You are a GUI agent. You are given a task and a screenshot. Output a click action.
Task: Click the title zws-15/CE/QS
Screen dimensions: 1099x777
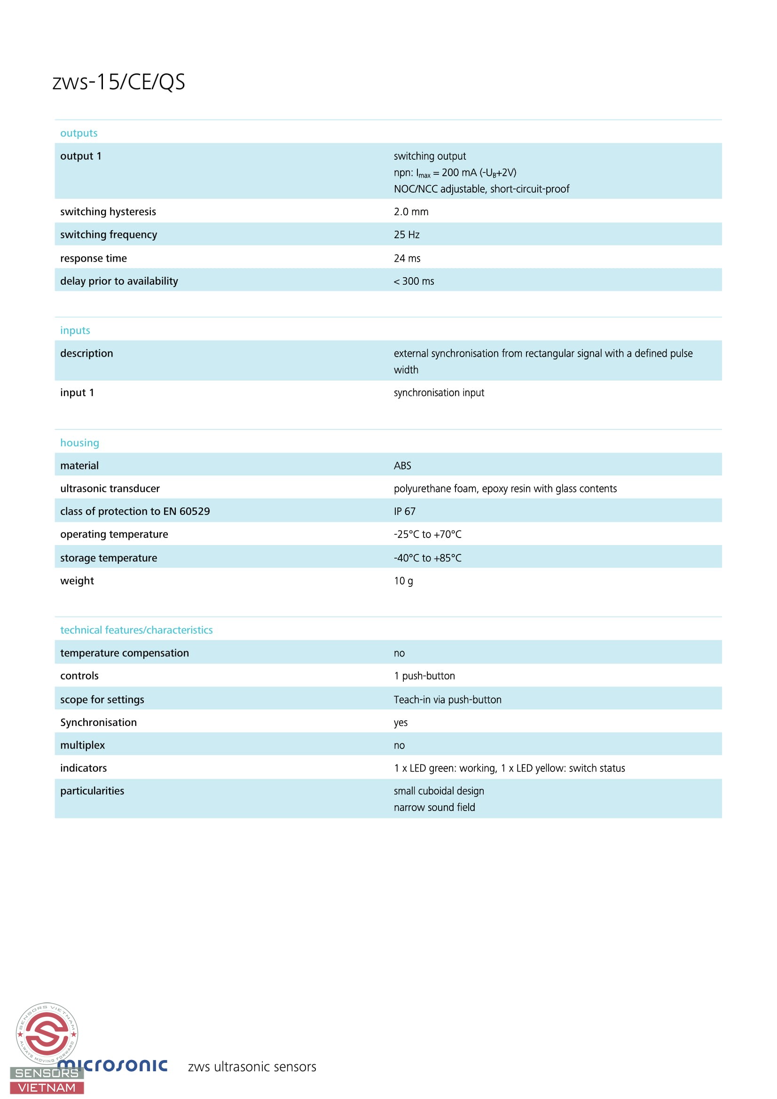pos(118,82)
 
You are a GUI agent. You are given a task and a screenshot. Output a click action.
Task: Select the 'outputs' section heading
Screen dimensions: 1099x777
pos(78,133)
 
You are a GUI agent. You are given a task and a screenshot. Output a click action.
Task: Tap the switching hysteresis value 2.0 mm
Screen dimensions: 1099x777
pos(411,211)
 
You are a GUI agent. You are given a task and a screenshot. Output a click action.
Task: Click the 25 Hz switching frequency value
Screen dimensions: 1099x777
pos(407,234)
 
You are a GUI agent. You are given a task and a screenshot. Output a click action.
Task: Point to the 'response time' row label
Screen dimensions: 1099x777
pos(94,258)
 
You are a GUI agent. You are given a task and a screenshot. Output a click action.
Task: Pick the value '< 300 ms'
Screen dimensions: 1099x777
pos(414,281)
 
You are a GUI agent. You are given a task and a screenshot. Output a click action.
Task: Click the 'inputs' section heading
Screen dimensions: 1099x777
pos(75,330)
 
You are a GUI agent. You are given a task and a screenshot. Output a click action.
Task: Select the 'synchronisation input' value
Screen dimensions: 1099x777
pos(439,392)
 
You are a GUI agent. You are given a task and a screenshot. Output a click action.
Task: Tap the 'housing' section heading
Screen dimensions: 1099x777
pos(79,443)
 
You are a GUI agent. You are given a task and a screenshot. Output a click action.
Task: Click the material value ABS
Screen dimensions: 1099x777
pos(402,466)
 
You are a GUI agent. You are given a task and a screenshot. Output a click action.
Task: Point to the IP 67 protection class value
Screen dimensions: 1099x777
pos(404,511)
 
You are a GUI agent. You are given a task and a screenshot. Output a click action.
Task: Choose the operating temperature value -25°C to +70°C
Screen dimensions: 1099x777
pos(427,534)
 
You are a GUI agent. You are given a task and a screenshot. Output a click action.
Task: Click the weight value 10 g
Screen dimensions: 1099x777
pos(403,581)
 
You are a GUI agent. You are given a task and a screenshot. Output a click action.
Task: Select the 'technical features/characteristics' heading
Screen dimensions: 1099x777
pos(136,630)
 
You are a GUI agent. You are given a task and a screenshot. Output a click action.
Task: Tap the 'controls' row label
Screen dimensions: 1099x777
pos(79,676)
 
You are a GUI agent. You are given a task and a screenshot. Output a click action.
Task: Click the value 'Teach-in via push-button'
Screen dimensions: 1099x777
pos(447,699)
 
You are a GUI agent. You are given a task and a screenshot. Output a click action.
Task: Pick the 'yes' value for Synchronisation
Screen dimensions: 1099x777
pos(400,722)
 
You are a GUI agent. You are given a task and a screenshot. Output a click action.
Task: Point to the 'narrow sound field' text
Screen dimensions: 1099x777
pos(434,807)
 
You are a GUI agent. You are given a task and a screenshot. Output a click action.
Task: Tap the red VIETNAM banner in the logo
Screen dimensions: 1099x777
pos(47,1088)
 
